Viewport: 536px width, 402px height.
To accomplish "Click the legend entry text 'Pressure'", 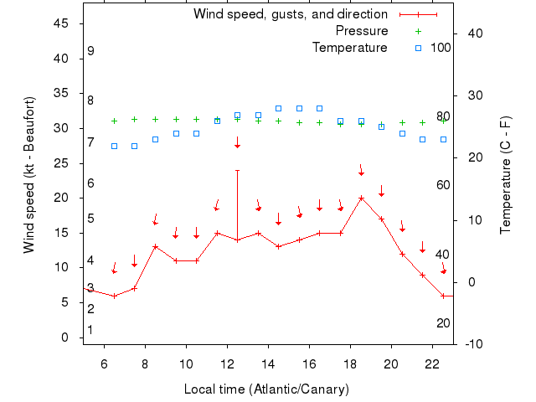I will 361,31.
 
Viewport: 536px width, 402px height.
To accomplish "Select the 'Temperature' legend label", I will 349,48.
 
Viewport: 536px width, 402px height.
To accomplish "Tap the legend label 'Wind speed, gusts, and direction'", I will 290,14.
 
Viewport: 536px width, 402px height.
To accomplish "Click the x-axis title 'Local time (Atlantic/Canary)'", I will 265,389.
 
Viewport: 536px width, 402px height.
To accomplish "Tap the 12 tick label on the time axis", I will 227,364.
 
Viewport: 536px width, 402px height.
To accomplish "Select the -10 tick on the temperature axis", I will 472,343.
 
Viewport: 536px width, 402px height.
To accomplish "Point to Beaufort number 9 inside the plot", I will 90,52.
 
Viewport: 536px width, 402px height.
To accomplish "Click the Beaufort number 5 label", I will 90,219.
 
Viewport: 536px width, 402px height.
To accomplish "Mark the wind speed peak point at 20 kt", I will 361,198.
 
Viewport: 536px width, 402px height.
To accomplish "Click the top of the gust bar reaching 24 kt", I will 237,170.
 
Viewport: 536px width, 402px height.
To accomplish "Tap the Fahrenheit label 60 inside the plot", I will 442,185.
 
